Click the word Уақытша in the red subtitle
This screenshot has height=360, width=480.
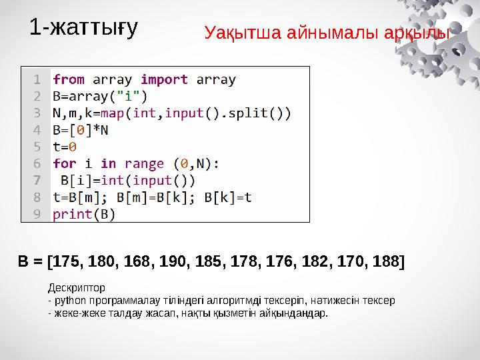click(x=243, y=33)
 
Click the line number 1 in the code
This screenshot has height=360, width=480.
click(x=37, y=79)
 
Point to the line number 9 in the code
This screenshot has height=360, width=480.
click(x=37, y=214)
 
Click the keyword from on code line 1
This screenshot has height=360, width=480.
click(x=69, y=79)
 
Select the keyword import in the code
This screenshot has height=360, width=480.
click(x=165, y=79)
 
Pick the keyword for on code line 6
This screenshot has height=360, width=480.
click(x=65, y=163)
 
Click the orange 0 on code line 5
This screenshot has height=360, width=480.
click(x=72, y=147)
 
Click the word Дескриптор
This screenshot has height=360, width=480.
click(x=76, y=288)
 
